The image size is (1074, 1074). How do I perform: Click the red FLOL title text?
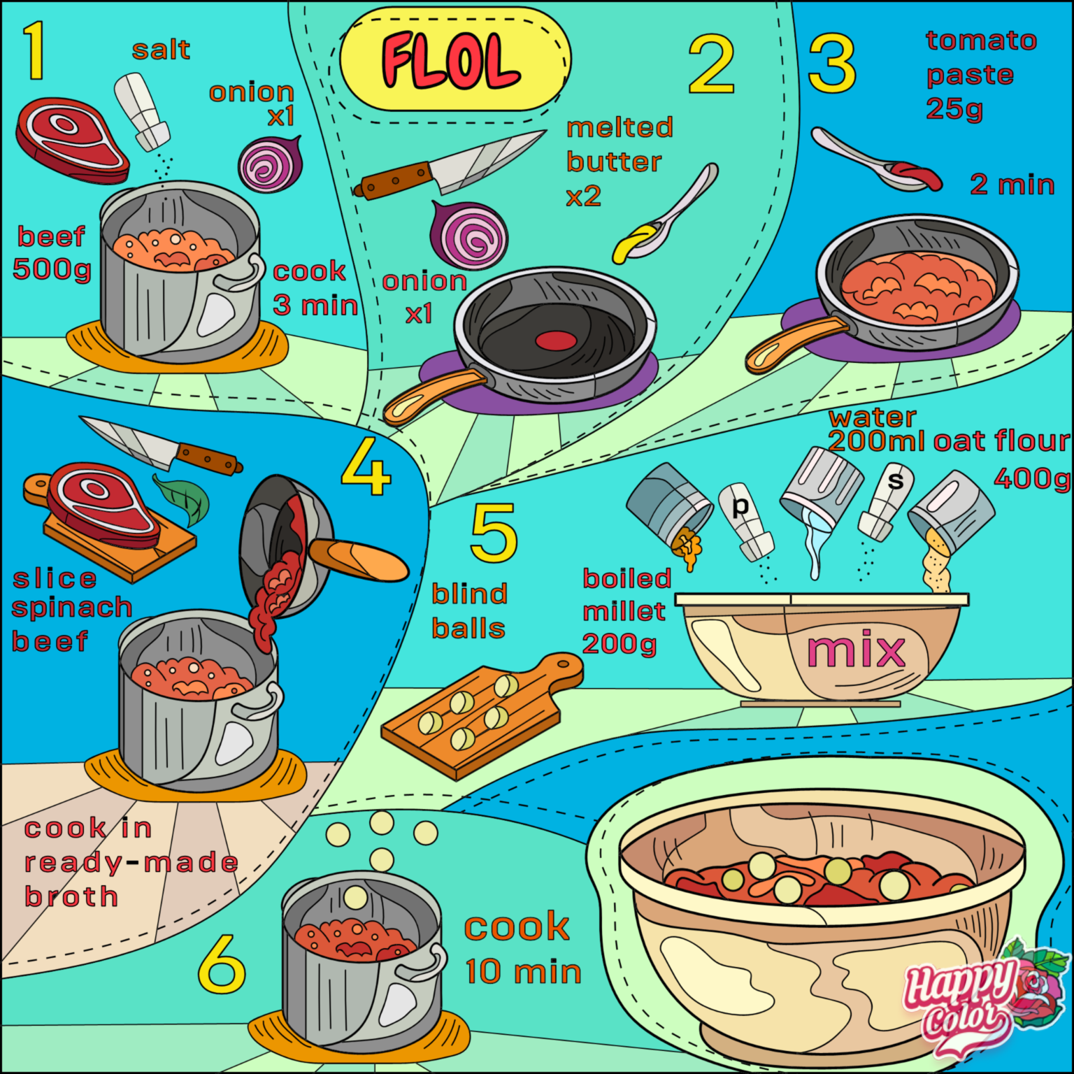click(x=451, y=61)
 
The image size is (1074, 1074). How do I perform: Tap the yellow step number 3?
click(x=831, y=64)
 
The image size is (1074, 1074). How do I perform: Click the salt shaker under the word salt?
click(x=142, y=112)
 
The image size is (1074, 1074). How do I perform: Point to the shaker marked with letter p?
click(x=746, y=522)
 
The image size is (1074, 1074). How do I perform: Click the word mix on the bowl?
click(x=856, y=649)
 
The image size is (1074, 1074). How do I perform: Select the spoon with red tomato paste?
click(x=875, y=160)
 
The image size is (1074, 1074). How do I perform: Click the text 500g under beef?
click(x=52, y=269)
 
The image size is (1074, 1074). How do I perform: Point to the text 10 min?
click(x=523, y=972)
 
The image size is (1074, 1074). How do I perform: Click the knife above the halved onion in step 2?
click(x=450, y=165)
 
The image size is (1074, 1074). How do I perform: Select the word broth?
click(x=71, y=896)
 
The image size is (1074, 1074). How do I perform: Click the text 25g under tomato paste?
click(x=954, y=109)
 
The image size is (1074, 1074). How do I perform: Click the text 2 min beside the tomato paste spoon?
click(x=1012, y=185)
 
